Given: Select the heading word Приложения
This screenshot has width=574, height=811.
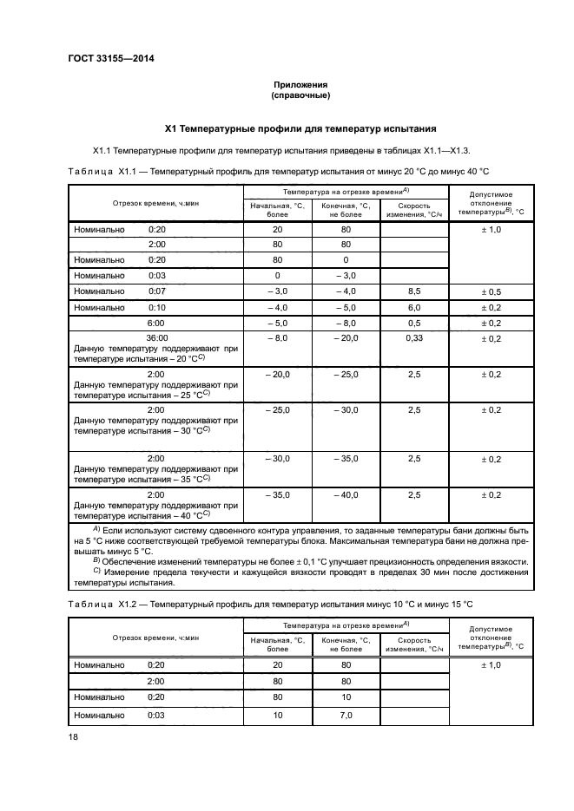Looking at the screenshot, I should coord(300,84).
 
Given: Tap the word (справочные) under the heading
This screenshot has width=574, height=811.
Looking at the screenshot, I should coord(300,95).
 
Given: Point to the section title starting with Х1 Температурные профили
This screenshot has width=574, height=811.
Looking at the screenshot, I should coord(300,128).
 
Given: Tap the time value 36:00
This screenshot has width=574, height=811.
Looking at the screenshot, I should coord(156,338).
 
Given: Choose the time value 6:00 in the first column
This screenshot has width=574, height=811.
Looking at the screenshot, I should coord(156,323).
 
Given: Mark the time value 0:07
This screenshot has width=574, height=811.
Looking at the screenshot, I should coord(156,291).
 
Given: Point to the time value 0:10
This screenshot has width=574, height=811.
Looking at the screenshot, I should coord(156,307).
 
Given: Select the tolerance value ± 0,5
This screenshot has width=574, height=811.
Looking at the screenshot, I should coord(491,291).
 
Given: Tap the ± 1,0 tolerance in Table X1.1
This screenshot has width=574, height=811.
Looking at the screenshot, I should coord(491,229).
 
